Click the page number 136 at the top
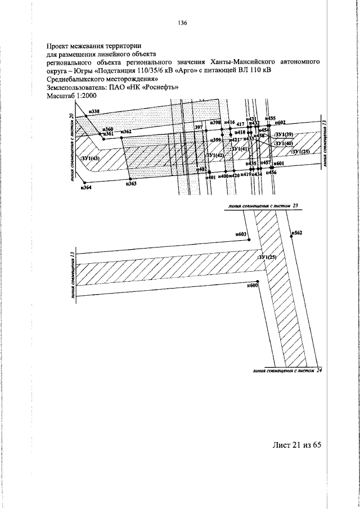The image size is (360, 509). click(x=181, y=23)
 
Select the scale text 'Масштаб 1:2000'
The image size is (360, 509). click(x=70, y=96)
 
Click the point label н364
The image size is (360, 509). click(x=86, y=188)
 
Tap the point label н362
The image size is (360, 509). click(x=125, y=132)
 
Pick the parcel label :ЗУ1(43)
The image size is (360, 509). click(x=89, y=159)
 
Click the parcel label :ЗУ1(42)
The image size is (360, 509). click(x=214, y=155)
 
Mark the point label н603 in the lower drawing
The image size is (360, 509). click(x=242, y=233)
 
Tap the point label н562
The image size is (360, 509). click(x=298, y=232)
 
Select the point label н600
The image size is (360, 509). click(x=253, y=285)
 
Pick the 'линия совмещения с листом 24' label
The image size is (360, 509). click(x=287, y=371)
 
